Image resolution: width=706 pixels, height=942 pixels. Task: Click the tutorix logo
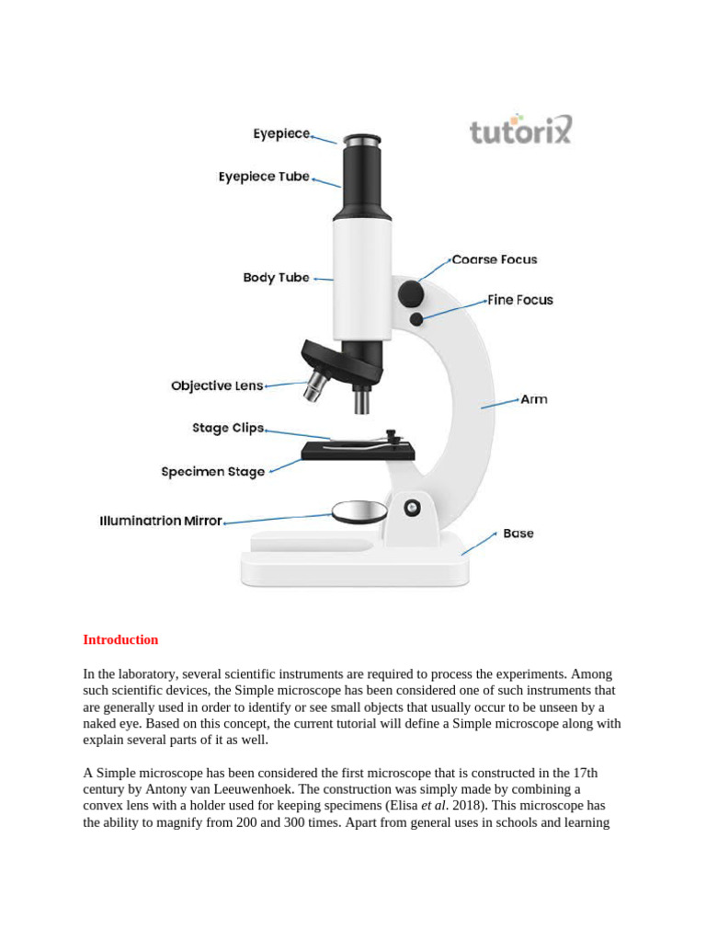pos(520,130)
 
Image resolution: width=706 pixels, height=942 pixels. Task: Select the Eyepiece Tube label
pos(264,177)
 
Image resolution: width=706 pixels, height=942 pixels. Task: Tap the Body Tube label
pos(276,277)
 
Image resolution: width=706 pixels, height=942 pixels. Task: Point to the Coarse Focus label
pos(495,259)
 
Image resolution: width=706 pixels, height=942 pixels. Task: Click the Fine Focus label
pos(520,300)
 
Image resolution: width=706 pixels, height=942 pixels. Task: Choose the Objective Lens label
pos(217,385)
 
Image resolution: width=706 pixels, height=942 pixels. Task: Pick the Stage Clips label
pos(228,428)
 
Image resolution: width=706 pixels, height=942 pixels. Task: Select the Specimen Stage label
pos(213,472)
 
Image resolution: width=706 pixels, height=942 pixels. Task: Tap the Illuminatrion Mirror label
pos(161,521)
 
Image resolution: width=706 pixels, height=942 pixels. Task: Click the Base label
pos(518,534)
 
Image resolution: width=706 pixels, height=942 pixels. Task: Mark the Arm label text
pos(534,399)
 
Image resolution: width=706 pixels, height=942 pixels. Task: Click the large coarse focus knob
pos(410,294)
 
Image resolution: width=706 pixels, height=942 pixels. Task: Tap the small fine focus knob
pos(416,319)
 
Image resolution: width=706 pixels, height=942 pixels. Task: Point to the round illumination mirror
pos(359,511)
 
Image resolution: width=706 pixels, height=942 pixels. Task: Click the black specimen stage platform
pos(358,451)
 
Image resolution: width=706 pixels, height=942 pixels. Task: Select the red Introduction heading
pos(120,639)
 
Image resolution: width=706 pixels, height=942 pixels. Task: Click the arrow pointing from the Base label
pos(477,545)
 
